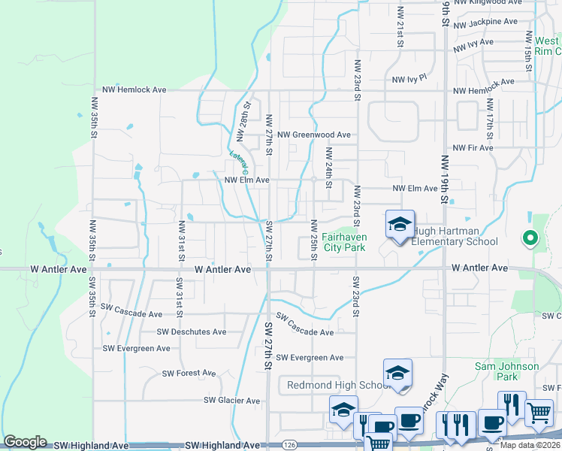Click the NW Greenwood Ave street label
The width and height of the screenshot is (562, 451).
click(313, 135)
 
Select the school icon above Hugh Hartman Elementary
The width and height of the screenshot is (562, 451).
click(400, 224)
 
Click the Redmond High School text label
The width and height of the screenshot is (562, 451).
click(337, 386)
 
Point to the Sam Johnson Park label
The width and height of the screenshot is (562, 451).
click(507, 371)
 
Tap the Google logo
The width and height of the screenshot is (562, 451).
click(25, 442)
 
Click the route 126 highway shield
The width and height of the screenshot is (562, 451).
click(289, 446)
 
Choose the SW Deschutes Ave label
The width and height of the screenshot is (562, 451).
click(192, 331)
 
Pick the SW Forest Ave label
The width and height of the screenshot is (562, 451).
click(189, 373)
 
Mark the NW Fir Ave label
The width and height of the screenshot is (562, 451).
click(470, 148)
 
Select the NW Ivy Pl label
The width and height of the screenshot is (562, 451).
click(409, 78)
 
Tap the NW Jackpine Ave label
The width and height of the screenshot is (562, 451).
click(486, 23)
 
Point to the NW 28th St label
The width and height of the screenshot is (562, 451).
click(243, 122)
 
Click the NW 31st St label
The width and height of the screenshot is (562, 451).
click(181, 241)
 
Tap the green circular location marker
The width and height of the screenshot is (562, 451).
click(530, 239)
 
